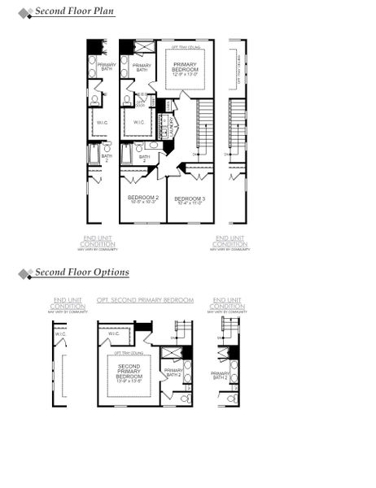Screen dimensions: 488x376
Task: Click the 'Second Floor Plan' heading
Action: tap(74, 11)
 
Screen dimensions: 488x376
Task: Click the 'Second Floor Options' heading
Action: tap(81, 272)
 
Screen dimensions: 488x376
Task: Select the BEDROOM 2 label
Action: tap(142, 198)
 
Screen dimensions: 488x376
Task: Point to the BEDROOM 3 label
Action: tap(189, 198)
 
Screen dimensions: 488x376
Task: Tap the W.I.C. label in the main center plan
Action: tap(139, 123)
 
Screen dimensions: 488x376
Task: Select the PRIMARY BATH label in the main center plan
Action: tap(142, 68)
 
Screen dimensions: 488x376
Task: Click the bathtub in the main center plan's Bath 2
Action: tap(127, 154)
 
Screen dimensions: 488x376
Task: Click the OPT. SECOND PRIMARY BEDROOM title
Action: tap(145, 300)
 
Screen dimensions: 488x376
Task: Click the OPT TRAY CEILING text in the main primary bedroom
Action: tap(186, 47)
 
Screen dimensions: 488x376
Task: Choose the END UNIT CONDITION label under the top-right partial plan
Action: tap(230, 241)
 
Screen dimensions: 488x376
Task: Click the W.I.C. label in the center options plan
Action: tap(113, 333)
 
